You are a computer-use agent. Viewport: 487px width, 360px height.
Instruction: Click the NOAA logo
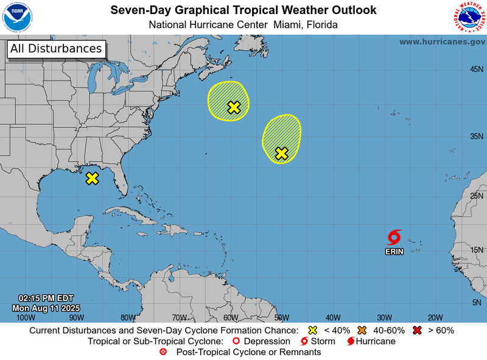pyautogui.click(x=18, y=17)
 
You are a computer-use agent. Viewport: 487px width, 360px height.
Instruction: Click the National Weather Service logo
pyautogui.click(x=469, y=17)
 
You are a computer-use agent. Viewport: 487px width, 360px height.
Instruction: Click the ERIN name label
pyautogui.click(x=394, y=252)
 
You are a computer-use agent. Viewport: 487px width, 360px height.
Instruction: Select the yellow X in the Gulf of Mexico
pyautogui.click(x=92, y=178)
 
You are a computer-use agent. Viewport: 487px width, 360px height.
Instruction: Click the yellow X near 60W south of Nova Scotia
pyautogui.click(x=234, y=107)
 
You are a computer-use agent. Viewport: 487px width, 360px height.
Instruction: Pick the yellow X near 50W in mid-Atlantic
pyautogui.click(x=281, y=154)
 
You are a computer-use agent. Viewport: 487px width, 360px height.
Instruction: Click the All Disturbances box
pyautogui.click(x=56, y=49)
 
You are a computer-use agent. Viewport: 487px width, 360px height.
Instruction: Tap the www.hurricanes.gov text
pyautogui.click(x=442, y=41)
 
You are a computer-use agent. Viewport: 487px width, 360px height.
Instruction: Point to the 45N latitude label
pyautogui.click(x=476, y=69)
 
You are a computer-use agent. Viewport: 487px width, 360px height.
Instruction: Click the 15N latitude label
pyautogui.click(x=476, y=250)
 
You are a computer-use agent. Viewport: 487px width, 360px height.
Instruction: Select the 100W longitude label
pyautogui.click(x=25, y=317)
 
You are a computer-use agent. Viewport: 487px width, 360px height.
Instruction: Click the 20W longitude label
pyautogui.click(x=435, y=317)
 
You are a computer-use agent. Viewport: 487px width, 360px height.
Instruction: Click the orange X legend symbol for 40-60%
pyautogui.click(x=362, y=330)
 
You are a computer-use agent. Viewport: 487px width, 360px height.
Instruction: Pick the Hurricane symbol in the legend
pyautogui.click(x=351, y=341)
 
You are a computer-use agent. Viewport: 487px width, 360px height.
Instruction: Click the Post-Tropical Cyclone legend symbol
pyautogui.click(x=163, y=352)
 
